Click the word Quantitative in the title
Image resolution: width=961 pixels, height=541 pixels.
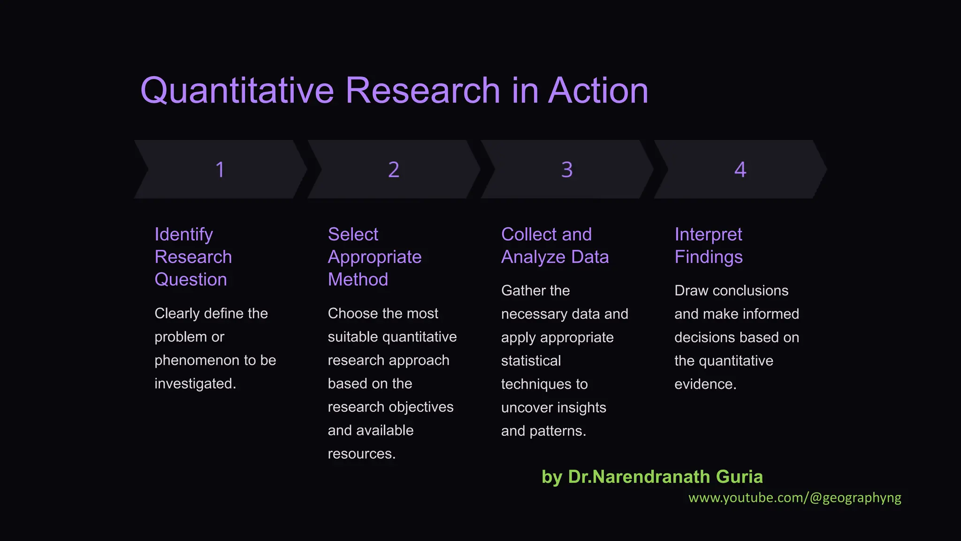[237, 90]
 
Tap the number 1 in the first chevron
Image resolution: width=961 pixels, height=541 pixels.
[220, 170]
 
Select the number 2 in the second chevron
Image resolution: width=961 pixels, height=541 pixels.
[394, 170]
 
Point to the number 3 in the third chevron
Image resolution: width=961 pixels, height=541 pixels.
[567, 170]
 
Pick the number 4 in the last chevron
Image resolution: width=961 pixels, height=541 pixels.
[740, 170]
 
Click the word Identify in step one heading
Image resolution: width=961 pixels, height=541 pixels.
[183, 234]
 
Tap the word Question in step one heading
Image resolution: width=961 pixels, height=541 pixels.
[191, 279]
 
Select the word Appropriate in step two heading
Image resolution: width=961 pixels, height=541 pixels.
[374, 257]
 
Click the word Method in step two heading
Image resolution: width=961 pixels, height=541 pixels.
[358, 279]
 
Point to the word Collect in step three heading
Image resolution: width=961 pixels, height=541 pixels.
[528, 234]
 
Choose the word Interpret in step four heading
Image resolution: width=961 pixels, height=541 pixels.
[708, 234]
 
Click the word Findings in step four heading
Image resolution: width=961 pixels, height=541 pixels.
[709, 257]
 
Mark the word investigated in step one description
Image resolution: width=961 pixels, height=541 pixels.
[194, 384]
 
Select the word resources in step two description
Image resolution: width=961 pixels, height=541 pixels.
[360, 454]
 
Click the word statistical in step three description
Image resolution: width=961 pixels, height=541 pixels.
[531, 361]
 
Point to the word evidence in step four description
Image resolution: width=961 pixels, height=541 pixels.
[704, 384]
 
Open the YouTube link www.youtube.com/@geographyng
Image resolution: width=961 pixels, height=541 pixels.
[794, 498]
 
